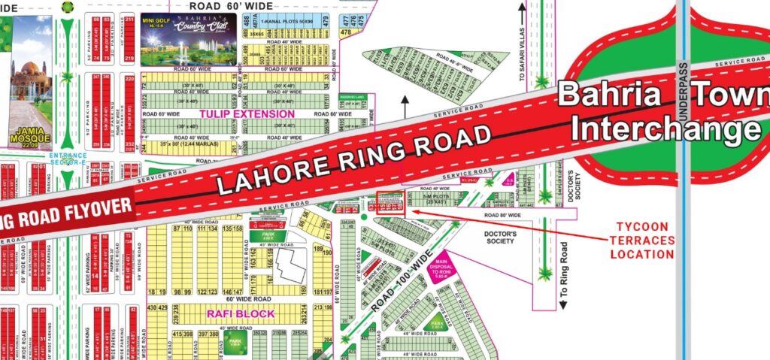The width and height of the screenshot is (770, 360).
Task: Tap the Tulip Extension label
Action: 246,113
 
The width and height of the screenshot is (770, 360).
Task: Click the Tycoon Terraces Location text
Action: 644,240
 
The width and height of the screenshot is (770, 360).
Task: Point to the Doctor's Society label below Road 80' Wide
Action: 500,236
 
